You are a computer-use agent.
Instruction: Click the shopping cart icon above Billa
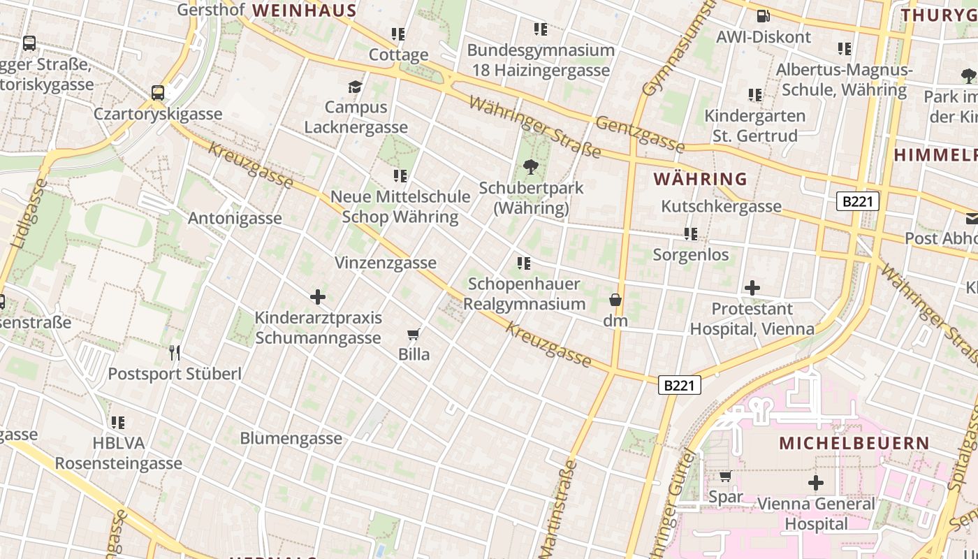point(414,335)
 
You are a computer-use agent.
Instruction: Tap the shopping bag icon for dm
point(615,300)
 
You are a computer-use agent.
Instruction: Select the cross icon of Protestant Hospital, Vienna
point(752,288)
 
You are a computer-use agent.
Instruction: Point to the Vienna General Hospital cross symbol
point(815,483)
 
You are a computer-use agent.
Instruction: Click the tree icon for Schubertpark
point(531,167)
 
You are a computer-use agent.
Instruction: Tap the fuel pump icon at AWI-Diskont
point(764,15)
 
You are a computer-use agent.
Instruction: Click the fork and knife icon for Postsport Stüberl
point(175,353)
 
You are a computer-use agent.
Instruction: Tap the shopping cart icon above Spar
point(726,477)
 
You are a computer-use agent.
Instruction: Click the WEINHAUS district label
point(305,10)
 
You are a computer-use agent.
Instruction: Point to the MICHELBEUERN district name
point(854,443)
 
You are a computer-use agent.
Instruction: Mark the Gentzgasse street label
point(640,133)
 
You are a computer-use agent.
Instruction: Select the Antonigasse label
point(235,218)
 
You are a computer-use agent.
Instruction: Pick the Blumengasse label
point(291,438)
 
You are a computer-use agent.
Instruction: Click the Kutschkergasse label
point(721,206)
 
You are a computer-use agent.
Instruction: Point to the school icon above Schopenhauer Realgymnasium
point(523,263)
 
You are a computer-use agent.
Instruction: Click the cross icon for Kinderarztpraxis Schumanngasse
point(318,298)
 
